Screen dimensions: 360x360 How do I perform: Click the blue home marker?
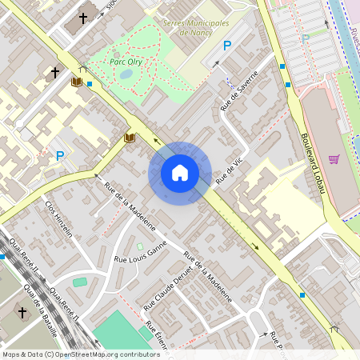[x=180, y=173]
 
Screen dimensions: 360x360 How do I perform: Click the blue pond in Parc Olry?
[x=126, y=74]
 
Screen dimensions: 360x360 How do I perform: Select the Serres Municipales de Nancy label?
[x=195, y=28]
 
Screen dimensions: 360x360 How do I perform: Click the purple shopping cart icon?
[x=334, y=159]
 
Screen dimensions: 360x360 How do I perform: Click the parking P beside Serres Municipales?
[x=226, y=46]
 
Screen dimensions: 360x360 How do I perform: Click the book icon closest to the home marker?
[x=130, y=138]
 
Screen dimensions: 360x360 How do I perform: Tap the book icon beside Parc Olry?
[x=77, y=82]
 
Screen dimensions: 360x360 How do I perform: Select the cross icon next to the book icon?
[x=55, y=73]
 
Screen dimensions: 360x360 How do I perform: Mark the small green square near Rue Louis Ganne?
[x=140, y=246]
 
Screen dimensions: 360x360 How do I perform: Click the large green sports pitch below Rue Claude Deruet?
[x=120, y=331]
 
